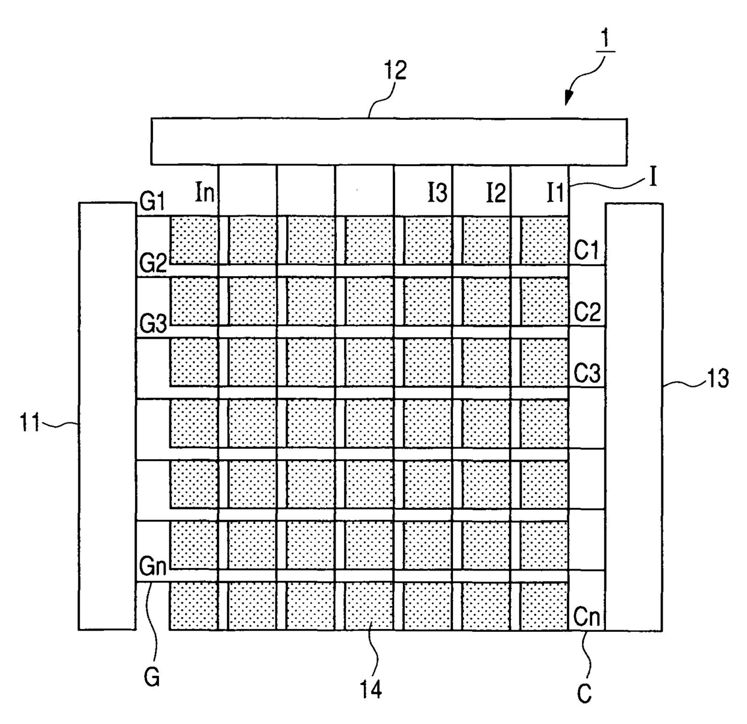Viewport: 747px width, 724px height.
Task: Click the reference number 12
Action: pos(395,70)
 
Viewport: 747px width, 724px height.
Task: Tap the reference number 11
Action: pos(30,422)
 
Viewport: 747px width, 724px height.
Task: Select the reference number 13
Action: pos(717,379)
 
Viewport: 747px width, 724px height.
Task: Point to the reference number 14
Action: pos(371,690)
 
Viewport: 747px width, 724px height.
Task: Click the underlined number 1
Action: pos(604,40)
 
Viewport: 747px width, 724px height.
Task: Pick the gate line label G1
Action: pos(152,202)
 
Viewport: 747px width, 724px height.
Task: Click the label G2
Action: pos(153,263)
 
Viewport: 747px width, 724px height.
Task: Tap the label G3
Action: pos(153,324)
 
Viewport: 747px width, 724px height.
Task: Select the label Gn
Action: pos(153,567)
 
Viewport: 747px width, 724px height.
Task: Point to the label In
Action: pos(205,192)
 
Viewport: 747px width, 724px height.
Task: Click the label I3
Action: pos(437,193)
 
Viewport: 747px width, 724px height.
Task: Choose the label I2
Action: pos(496,193)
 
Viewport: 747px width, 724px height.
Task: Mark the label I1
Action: pos(555,193)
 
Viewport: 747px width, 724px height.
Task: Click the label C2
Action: pos(587,312)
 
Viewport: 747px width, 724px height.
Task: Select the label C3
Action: pos(587,373)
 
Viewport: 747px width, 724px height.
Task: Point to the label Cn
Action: pos(587,616)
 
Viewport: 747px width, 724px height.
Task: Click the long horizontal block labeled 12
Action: pos(389,141)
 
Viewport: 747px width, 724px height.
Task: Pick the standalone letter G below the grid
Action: pos(152,677)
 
